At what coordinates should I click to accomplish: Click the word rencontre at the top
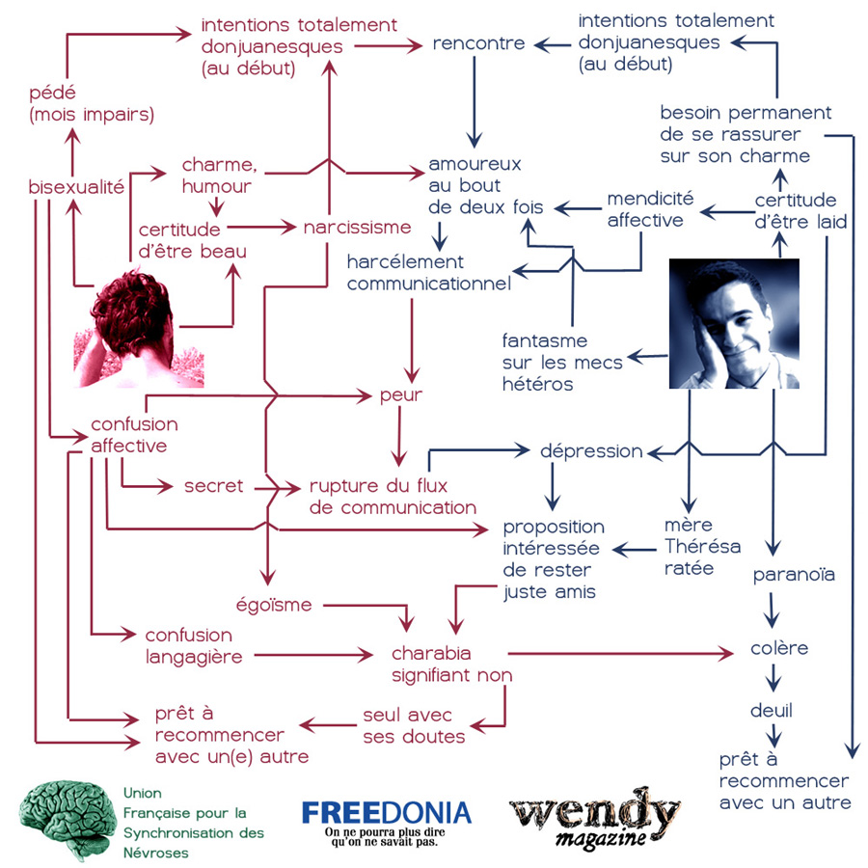point(478,43)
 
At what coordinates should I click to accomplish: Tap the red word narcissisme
point(357,227)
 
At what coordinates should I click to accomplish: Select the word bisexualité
point(76,187)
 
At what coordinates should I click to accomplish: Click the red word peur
point(401,396)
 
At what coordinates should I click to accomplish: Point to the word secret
point(214,486)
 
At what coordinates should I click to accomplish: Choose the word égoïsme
point(274,605)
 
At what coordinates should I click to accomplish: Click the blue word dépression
point(591,451)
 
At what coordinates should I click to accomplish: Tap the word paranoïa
point(794,575)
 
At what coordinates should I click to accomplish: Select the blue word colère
point(779,648)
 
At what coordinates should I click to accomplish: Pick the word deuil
point(772,710)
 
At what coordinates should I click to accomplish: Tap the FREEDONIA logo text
point(387,813)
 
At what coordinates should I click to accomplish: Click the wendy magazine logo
point(595,818)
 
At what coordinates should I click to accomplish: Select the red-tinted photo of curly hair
point(138,328)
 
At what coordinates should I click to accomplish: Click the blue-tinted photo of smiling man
point(734,323)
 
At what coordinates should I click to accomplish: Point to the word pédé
point(52,94)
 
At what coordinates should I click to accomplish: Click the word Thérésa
point(702,547)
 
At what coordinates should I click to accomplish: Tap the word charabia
point(431,653)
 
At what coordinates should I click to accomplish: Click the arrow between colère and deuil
point(773,676)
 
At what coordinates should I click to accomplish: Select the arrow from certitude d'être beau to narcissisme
point(261,227)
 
